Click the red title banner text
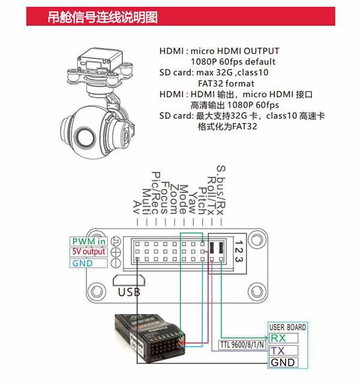coord(103,17)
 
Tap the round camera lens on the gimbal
coord(85,136)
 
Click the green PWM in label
coord(89,241)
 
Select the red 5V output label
coord(88,252)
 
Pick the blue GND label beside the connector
coord(83,263)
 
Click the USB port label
coord(129,292)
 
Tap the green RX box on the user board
coord(283,338)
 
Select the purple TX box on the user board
coord(283,350)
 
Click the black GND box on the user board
coord(283,363)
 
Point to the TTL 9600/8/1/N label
coord(242,345)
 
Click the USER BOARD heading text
coord(287,327)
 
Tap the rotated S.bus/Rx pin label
coord(221,190)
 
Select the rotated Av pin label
coord(137,207)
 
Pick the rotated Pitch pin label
coord(202,201)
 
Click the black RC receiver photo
coord(150,338)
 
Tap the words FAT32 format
coord(226,83)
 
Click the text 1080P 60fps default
coord(233,62)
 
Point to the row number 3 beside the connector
coord(239,259)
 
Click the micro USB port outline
coord(129,281)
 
